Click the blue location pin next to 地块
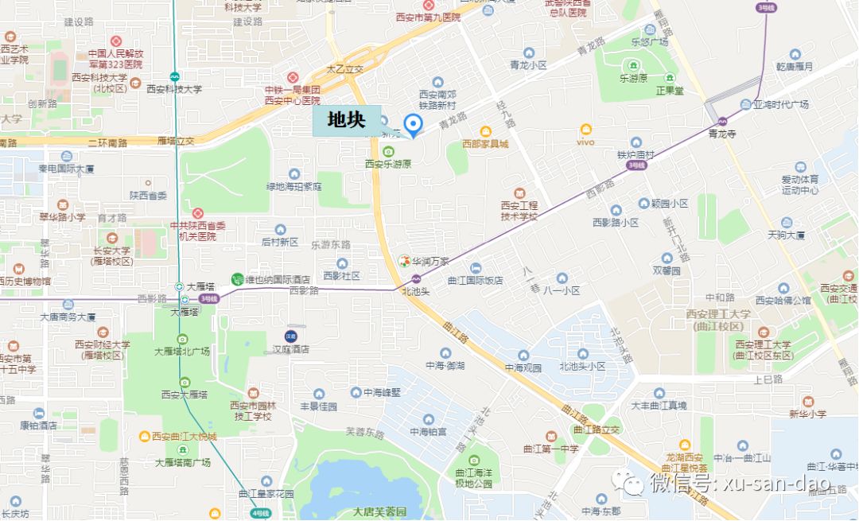click(x=412, y=124)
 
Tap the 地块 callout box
click(x=347, y=120)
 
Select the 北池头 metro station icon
click(x=416, y=278)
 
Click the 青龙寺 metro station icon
click(x=722, y=122)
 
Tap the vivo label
click(x=586, y=142)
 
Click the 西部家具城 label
click(x=485, y=144)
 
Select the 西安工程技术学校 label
click(x=519, y=211)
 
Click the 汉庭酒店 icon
click(x=291, y=336)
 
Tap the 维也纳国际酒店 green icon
click(x=236, y=279)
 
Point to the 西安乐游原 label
click(x=388, y=164)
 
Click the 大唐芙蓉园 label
click(x=380, y=511)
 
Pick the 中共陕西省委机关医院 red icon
click(x=197, y=213)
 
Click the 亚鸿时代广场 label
click(x=781, y=104)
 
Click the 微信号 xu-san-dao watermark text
click(x=740, y=483)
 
